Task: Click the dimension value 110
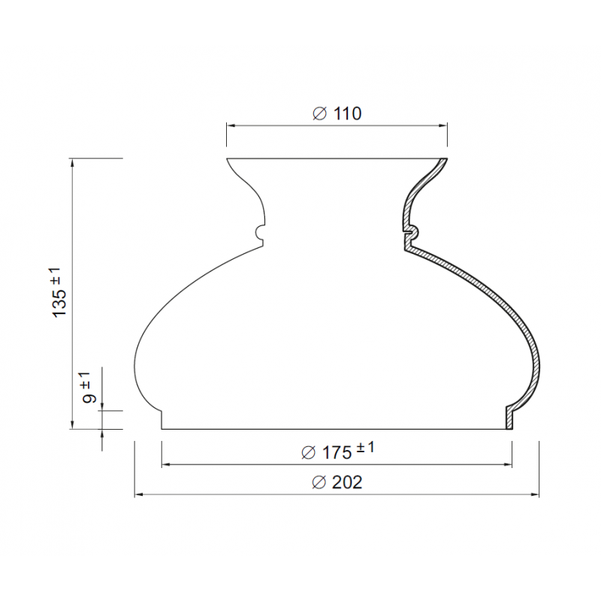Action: [x=347, y=113]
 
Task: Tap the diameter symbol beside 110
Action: [x=320, y=114]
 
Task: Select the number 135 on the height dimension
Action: [x=60, y=303]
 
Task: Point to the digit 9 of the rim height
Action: [x=89, y=398]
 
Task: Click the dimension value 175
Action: [x=337, y=453]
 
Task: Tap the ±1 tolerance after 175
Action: [x=365, y=448]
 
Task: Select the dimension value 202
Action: [x=347, y=482]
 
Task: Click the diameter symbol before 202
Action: [x=319, y=482]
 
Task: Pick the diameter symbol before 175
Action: [x=308, y=453]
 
